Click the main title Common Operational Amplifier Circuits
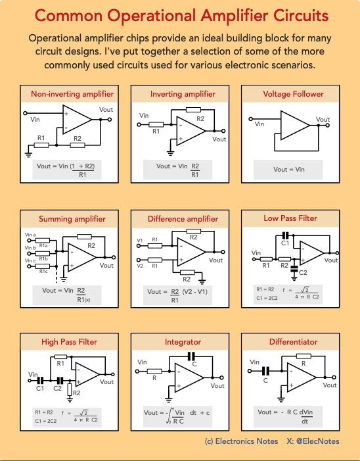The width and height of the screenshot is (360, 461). coord(180,15)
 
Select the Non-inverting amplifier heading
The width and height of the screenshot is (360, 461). coord(72,94)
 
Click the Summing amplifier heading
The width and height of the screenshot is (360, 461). coord(72,219)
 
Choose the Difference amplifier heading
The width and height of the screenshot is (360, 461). coord(183,219)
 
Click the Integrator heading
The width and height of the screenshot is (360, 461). coord(183,343)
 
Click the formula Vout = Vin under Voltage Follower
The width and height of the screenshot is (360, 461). coord(289,169)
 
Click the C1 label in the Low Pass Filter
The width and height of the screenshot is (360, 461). coord(285,243)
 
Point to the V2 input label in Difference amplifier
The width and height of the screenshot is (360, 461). coord(140,266)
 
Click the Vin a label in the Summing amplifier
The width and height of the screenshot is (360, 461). coord(30,234)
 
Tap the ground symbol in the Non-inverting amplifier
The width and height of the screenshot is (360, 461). coord(28,153)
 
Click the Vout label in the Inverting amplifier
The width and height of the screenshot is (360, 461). coord(219,139)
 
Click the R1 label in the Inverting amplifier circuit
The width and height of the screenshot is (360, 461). coord(156,132)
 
